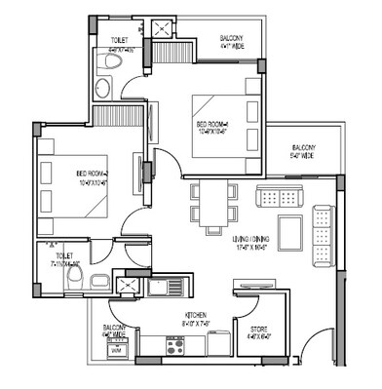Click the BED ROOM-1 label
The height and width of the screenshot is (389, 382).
tap(211, 127)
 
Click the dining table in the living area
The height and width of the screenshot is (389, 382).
tap(212, 204)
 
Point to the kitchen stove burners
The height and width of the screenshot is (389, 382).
tap(177, 345)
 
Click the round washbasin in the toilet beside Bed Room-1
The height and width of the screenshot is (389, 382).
tap(102, 89)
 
